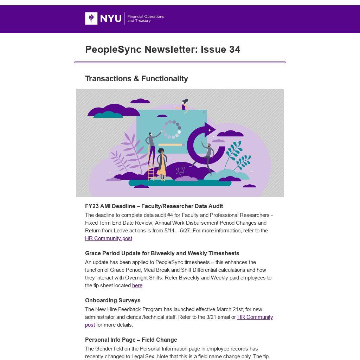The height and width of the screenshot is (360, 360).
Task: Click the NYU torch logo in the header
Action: point(91,18)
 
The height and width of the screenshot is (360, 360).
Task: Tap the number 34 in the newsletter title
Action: point(234,50)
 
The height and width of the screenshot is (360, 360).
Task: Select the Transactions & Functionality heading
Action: point(136,78)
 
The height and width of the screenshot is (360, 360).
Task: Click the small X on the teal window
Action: point(204,112)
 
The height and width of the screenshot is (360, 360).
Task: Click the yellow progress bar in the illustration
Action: point(171,144)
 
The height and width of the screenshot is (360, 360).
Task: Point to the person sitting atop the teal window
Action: point(183,105)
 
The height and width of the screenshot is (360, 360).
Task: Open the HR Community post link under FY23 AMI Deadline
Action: point(109,238)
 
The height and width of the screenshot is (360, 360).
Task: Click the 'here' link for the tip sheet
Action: point(137,285)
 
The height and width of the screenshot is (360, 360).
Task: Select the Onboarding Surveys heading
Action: point(112,300)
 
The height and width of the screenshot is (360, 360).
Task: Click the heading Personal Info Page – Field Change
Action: point(131,340)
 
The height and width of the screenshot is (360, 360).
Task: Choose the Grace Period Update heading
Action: point(162,253)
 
